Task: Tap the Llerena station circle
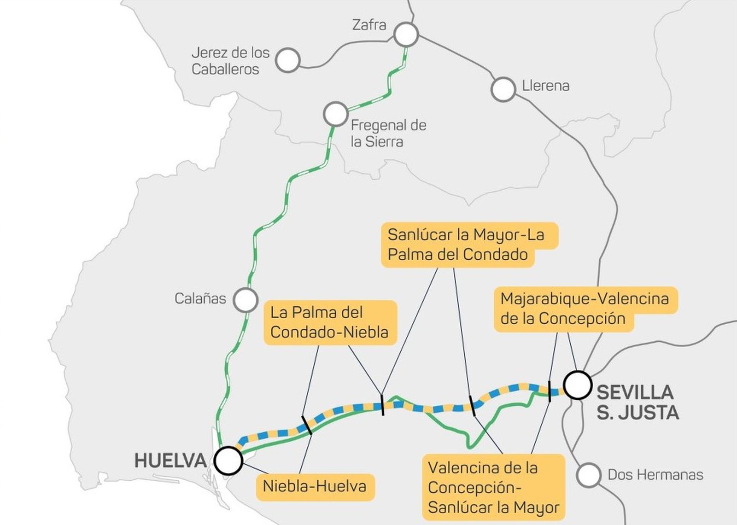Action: [x=503, y=89]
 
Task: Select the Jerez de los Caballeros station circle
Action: [x=288, y=60]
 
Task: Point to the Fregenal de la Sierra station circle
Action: [x=335, y=113]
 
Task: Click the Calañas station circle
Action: [x=245, y=300]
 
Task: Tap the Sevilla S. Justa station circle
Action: [x=578, y=385]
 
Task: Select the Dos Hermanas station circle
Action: [x=589, y=475]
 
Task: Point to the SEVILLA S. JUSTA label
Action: [x=638, y=402]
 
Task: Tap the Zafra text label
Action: [x=369, y=24]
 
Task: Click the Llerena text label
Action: [x=545, y=86]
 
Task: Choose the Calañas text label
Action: [x=200, y=298]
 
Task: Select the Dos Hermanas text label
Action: [x=655, y=475]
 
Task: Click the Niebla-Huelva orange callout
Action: [x=315, y=486]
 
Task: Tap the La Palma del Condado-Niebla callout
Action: [x=329, y=322]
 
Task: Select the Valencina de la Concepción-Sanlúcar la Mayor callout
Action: [x=493, y=487]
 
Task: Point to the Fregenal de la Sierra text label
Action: [x=388, y=133]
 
